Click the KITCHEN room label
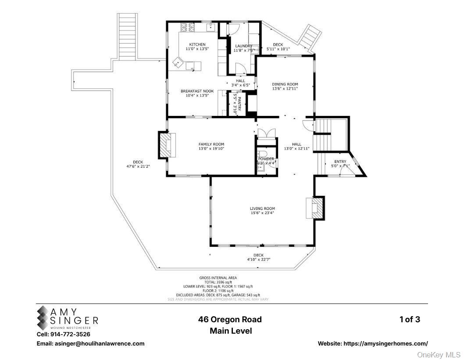coord(197,45)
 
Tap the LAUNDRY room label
coord(243,46)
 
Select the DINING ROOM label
coord(285,84)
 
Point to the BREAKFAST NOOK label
coord(197,91)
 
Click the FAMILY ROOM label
coord(211,144)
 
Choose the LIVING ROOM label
coord(262,209)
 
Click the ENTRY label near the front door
coord(340,162)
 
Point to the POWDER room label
coord(266,159)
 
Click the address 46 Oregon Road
coord(230,320)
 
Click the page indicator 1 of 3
coord(409,320)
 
